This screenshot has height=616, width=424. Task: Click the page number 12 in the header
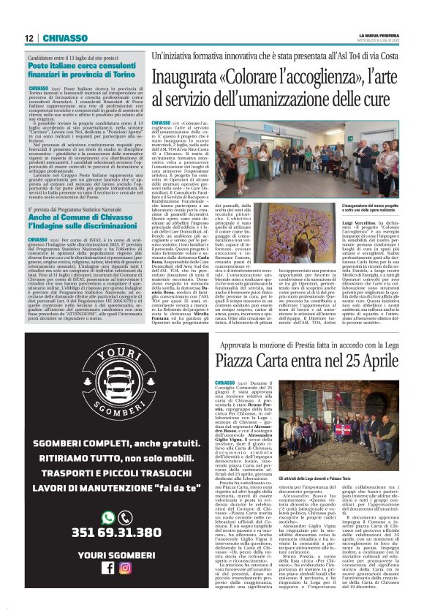coord(28,38)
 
